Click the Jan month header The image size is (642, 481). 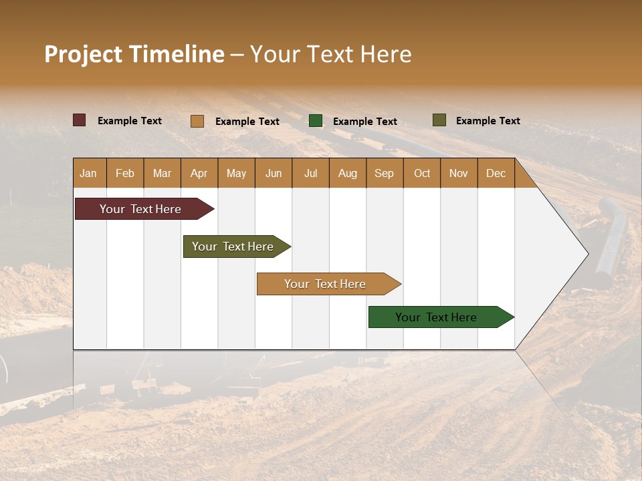pos(88,173)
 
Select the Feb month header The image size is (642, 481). pos(125,173)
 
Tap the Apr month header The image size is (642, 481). pos(199,173)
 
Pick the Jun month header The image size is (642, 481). pos(274,173)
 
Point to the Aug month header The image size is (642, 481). pos(347,173)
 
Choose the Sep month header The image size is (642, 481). pos(384,173)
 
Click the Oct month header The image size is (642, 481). pos(422,173)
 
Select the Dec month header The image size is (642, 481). pos(496,173)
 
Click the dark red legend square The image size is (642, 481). pos(80,120)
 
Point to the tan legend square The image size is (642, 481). pos(197,121)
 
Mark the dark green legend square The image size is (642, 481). pos(316,121)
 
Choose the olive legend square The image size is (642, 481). pos(439,120)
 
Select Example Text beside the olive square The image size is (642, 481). pos(488,121)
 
